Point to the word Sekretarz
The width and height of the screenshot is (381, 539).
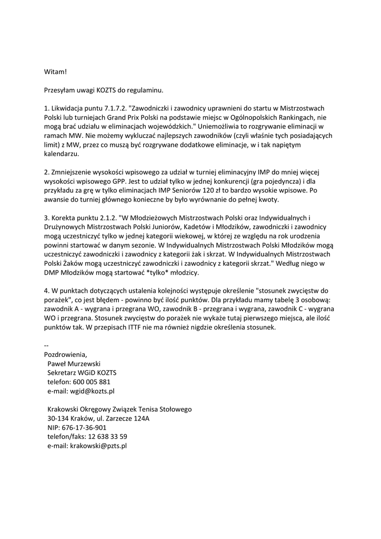(x=63, y=373)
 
